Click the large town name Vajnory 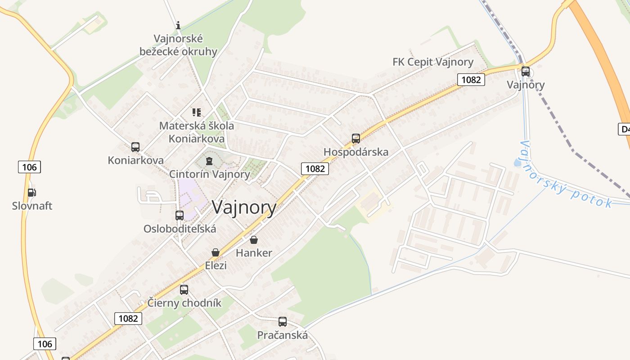(x=244, y=207)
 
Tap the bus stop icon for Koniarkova (x=135, y=147)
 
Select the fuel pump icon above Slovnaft (x=31, y=193)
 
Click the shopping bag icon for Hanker (x=254, y=240)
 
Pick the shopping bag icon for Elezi (x=216, y=252)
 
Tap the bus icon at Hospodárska (x=356, y=139)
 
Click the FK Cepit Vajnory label (x=433, y=62)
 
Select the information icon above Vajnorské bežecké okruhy (x=178, y=25)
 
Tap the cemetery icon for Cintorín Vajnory (x=209, y=161)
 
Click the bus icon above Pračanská (x=283, y=322)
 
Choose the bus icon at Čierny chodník (x=184, y=290)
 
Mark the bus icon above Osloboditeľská (x=180, y=216)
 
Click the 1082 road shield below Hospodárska (x=315, y=169)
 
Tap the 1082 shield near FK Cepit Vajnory (x=471, y=80)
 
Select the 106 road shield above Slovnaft (x=30, y=167)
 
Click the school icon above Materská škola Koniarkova (x=197, y=112)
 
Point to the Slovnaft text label (x=32, y=206)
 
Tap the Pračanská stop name (x=283, y=335)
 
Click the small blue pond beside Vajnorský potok (x=517, y=162)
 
